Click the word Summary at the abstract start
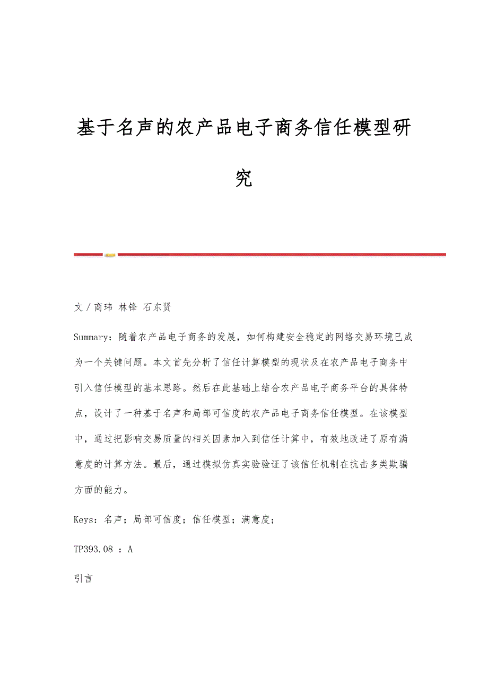93,337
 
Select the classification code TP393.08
93,550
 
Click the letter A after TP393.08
130,550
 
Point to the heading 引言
84,579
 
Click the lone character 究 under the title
243,179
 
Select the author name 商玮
103,307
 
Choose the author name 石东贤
158,307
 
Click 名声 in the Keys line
113,520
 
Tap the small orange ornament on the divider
110,255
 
